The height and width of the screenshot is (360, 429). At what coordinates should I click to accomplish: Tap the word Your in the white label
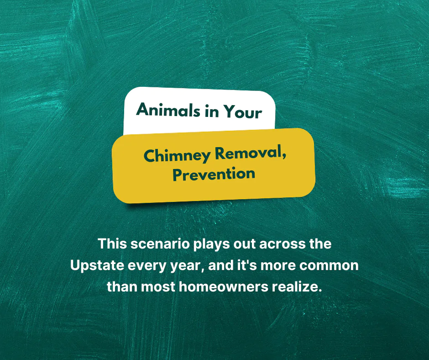[242, 112]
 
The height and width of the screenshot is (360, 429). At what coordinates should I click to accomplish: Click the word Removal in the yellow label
[251, 153]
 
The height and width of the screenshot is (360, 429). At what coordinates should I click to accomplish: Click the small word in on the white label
[211, 111]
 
